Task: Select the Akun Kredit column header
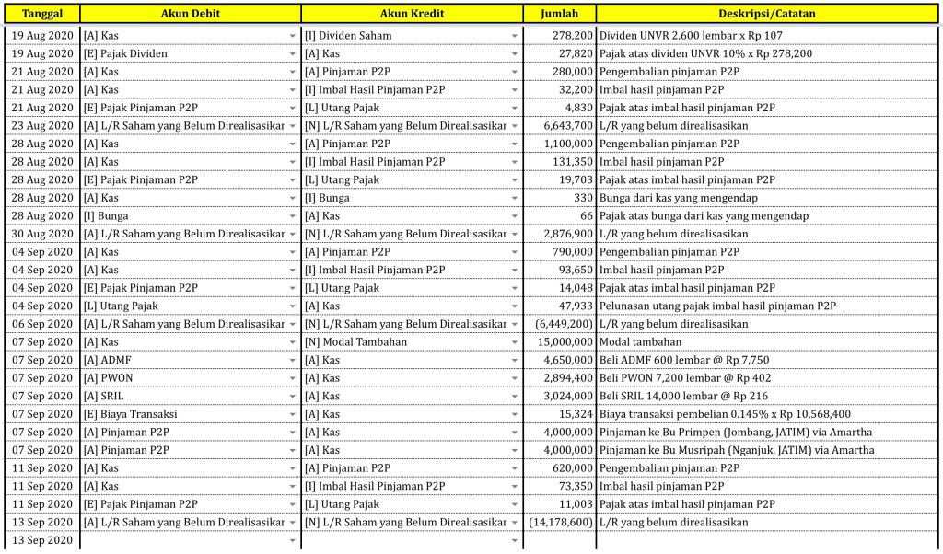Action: click(x=411, y=14)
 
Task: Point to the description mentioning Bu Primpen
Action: click(x=735, y=433)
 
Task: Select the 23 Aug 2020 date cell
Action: click(x=42, y=125)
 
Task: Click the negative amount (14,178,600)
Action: click(x=561, y=523)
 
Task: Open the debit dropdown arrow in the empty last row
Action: click(x=292, y=540)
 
